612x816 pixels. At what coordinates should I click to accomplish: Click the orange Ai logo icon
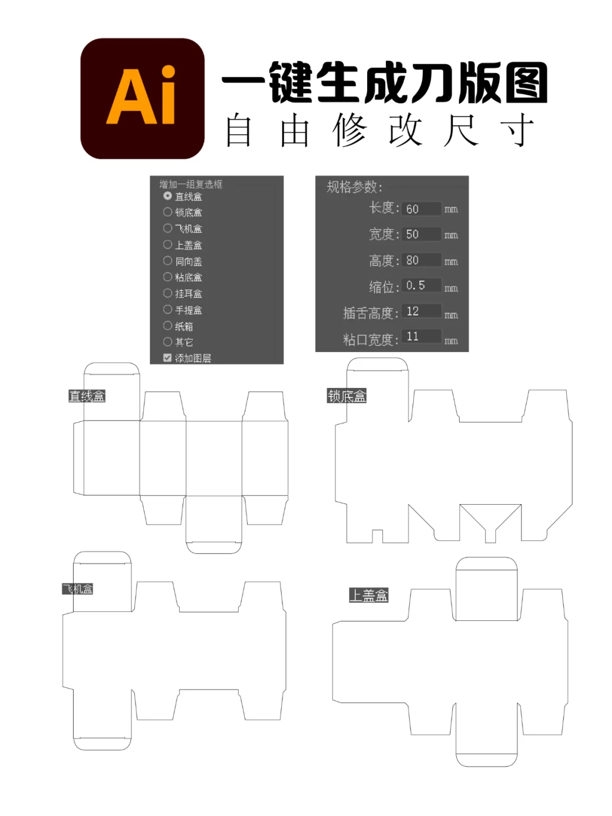tap(142, 98)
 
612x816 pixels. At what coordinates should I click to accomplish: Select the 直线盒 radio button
tap(167, 196)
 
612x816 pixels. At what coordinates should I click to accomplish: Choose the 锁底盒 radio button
tap(167, 212)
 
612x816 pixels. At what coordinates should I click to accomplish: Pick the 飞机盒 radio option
tap(167, 228)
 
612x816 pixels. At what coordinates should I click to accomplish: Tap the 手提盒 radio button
tap(167, 310)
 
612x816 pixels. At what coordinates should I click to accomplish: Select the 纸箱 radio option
tap(167, 325)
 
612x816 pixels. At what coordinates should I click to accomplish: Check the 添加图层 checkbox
tap(167, 358)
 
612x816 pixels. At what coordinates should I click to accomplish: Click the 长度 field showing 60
tap(420, 209)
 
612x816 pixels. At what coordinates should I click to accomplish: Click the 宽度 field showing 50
tap(420, 234)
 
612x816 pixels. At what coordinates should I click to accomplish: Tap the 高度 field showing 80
tap(420, 260)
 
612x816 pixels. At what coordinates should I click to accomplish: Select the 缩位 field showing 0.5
tap(420, 285)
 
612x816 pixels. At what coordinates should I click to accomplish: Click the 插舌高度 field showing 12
tap(420, 311)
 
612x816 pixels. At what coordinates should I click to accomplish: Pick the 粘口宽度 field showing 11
tap(420, 337)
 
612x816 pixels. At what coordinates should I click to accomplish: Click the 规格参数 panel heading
tap(354, 187)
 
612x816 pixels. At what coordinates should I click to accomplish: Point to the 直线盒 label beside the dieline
tap(87, 396)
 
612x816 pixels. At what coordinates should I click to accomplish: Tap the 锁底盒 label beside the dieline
tap(347, 396)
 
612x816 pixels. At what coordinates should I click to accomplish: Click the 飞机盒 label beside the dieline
tap(78, 589)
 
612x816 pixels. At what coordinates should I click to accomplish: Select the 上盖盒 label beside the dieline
tap(368, 595)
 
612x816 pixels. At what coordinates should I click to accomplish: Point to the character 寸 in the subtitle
tap(517, 130)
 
